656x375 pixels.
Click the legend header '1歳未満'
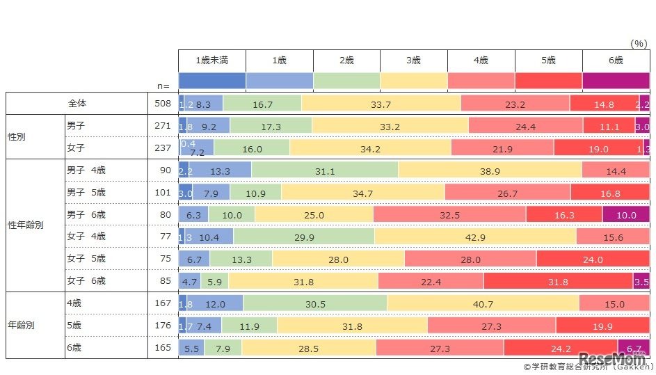click(212, 61)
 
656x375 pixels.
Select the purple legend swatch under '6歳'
click(616, 80)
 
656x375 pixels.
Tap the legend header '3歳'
click(414, 61)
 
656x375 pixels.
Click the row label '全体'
click(77, 103)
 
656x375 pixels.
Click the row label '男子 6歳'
click(87, 214)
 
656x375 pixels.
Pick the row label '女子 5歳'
click(87, 258)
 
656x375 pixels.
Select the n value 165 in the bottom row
click(162, 347)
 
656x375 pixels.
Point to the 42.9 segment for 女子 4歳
click(475, 237)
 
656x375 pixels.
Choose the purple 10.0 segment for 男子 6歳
click(626, 215)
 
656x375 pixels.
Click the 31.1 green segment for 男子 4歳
click(325, 170)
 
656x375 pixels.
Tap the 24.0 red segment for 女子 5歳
click(593, 260)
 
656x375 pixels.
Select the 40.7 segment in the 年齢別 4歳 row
click(483, 304)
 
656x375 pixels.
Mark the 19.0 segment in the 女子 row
click(598, 148)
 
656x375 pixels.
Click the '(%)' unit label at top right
click(638, 43)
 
